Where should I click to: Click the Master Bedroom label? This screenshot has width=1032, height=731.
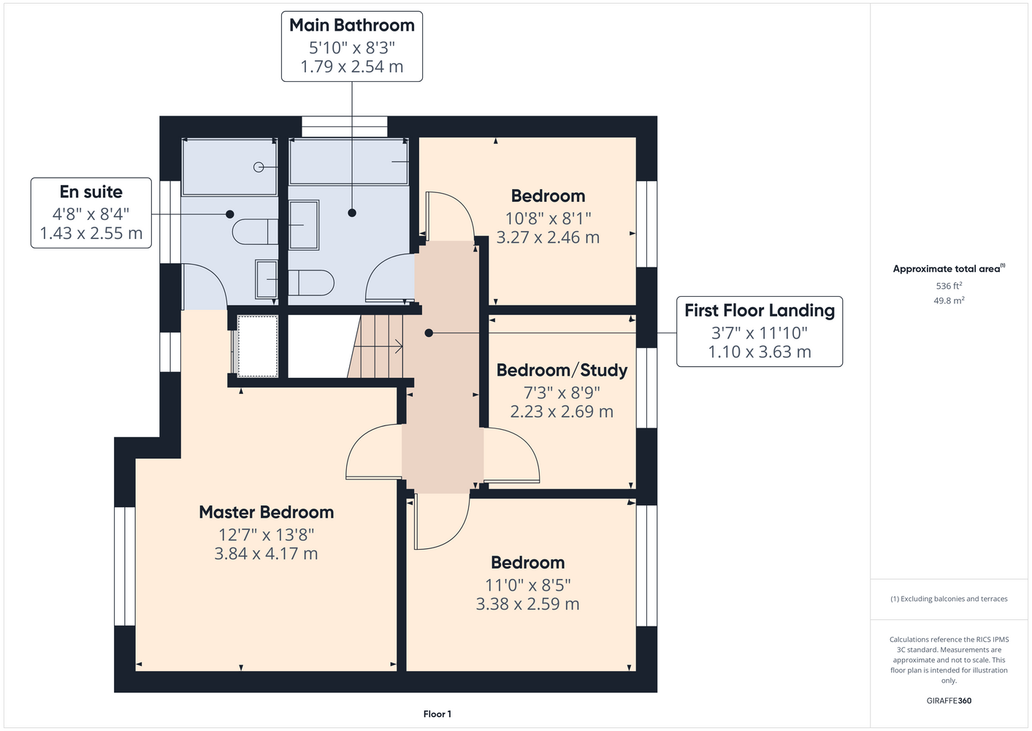pyautogui.click(x=267, y=512)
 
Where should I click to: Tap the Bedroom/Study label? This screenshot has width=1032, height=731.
pyautogui.click(x=562, y=370)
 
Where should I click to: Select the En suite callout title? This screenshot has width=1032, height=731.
pyautogui.click(x=91, y=192)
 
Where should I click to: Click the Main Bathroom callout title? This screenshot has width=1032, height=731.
pyautogui.click(x=352, y=26)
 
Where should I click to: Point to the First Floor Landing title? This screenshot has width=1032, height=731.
pyautogui.click(x=760, y=311)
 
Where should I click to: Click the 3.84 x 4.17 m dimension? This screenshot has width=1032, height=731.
pyautogui.click(x=267, y=553)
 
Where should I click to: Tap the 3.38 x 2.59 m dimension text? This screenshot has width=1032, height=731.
pyautogui.click(x=527, y=604)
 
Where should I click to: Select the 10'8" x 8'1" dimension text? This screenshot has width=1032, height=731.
pyautogui.click(x=548, y=218)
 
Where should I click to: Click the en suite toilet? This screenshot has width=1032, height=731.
pyautogui.click(x=255, y=232)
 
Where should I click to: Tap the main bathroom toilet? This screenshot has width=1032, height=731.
pyautogui.click(x=311, y=283)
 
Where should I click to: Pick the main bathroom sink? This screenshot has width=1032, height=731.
pyautogui.click(x=304, y=224)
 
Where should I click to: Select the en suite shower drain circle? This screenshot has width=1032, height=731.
pyautogui.click(x=259, y=167)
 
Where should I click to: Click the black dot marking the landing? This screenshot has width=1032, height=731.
pyautogui.click(x=429, y=333)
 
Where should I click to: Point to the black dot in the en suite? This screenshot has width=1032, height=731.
pyautogui.click(x=229, y=214)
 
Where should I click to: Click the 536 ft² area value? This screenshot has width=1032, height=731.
pyautogui.click(x=949, y=286)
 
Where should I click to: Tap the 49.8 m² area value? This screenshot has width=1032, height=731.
pyautogui.click(x=949, y=300)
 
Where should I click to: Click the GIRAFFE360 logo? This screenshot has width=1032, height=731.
pyautogui.click(x=949, y=700)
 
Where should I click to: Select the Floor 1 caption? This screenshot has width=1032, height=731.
pyautogui.click(x=437, y=714)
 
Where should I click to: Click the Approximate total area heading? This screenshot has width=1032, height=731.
pyautogui.click(x=949, y=268)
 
